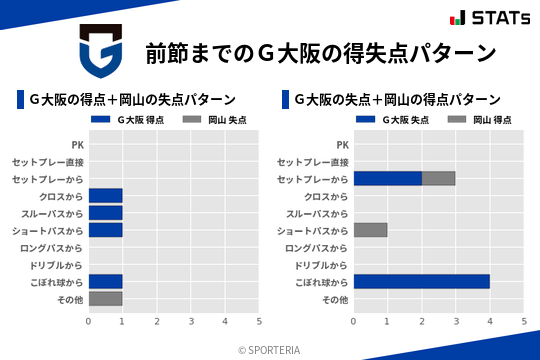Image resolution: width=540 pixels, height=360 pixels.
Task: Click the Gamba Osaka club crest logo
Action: point(101,52)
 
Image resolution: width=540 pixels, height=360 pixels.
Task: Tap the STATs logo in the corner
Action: point(489,17)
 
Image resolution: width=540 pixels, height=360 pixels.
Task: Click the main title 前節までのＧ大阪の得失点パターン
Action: point(320,52)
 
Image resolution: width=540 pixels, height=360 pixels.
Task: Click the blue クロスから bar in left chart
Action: point(105,195)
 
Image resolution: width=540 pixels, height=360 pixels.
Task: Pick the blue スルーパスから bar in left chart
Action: point(105,213)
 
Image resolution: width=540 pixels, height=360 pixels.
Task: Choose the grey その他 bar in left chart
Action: point(105,298)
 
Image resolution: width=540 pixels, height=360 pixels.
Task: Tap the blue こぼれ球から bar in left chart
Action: point(105,281)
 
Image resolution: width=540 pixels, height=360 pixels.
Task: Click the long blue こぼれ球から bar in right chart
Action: point(421,281)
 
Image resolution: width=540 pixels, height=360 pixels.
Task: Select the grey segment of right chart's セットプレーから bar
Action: point(438,178)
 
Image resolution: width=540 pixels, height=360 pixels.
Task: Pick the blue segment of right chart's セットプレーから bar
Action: point(387,178)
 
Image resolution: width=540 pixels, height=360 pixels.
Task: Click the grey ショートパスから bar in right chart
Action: point(370,230)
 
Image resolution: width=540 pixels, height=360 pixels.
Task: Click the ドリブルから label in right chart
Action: point(321,265)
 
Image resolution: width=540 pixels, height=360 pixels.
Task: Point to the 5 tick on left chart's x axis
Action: point(259,321)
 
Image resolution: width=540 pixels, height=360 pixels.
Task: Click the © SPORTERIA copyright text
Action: point(269,349)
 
